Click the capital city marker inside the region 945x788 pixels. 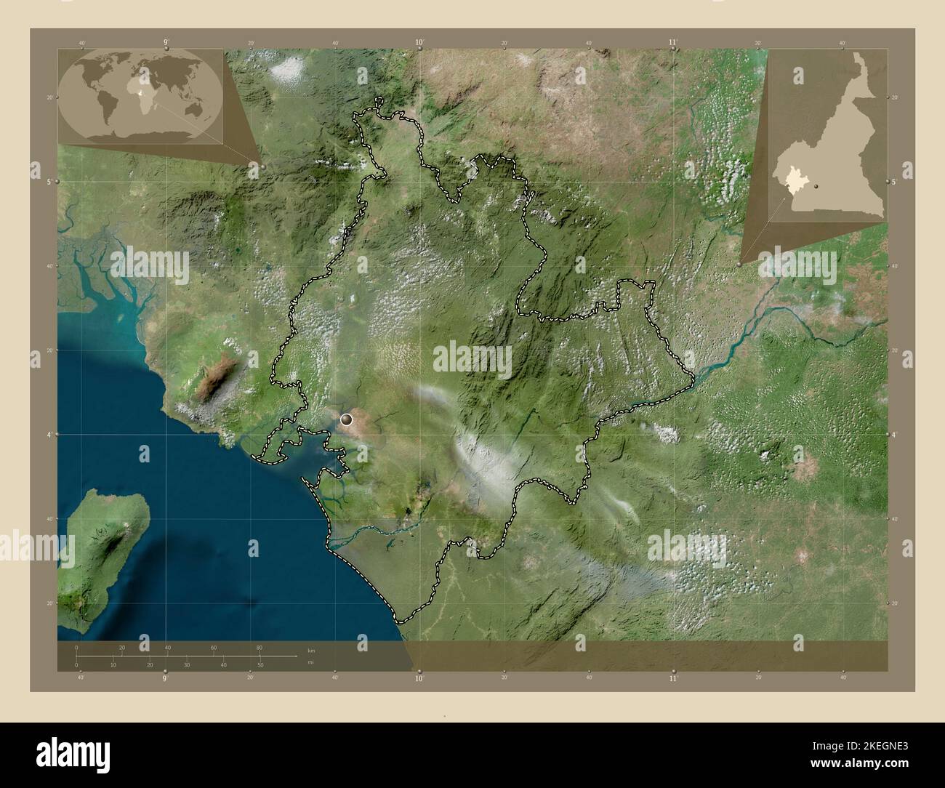tap(347, 419)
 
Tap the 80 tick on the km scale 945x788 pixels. tap(259, 648)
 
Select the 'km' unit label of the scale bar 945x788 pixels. tap(310, 650)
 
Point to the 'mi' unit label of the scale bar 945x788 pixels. tap(310, 662)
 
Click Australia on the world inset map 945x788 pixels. tap(196, 109)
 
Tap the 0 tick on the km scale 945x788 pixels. tap(76, 648)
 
